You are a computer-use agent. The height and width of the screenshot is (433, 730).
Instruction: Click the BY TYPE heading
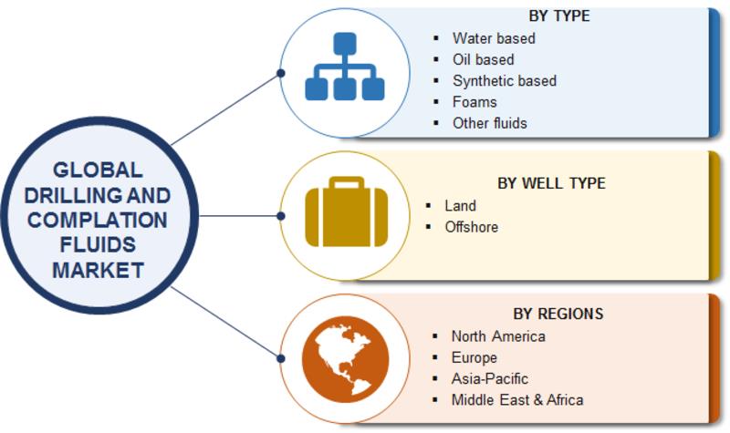coord(558,16)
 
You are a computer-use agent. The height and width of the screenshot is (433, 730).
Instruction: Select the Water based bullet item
coord(494,38)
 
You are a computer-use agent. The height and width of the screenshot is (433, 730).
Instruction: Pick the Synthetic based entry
coord(504,80)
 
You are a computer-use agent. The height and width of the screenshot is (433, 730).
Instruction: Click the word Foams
coord(474,101)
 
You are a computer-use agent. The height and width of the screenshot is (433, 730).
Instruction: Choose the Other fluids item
coord(489,122)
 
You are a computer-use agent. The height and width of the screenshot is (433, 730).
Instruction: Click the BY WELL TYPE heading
coord(551,183)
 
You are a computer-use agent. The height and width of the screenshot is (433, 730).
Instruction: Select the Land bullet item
coord(460,206)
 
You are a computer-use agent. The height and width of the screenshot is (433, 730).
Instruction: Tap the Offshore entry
coord(471,227)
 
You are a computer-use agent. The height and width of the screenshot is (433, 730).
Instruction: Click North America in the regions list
coord(498,336)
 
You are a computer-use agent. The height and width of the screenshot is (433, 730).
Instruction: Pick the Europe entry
coord(474,357)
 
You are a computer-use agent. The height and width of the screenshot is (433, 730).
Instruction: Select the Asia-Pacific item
coord(489,378)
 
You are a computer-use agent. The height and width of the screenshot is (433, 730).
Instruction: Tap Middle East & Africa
coord(517,399)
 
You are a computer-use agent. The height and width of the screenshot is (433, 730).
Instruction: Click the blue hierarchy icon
coord(344,68)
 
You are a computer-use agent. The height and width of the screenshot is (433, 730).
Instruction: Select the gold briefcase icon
coord(344,215)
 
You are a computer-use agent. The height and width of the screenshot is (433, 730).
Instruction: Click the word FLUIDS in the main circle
coord(98,245)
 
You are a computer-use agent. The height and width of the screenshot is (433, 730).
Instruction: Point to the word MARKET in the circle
coord(98,270)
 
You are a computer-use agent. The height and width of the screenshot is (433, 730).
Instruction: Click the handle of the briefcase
coord(344,185)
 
